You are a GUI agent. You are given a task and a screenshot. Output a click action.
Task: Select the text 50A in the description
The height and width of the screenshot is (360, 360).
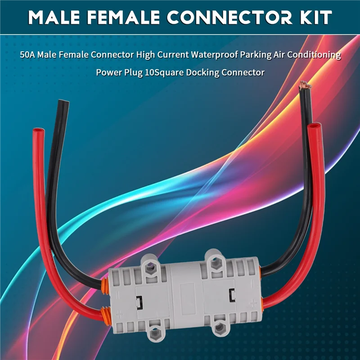27,55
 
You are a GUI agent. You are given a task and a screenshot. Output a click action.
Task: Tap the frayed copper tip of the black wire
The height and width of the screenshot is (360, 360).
305,85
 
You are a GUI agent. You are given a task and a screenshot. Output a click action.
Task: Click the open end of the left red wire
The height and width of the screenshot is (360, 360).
39,130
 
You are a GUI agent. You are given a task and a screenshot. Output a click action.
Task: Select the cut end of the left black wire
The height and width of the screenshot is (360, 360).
63,102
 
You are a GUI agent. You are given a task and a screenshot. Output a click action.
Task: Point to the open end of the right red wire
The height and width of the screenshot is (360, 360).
314,126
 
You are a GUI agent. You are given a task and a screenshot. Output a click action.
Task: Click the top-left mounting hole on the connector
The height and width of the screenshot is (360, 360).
150,267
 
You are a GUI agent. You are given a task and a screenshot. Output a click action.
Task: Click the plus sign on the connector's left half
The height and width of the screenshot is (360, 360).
119,314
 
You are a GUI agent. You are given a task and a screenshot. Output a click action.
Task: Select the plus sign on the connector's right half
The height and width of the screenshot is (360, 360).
253,303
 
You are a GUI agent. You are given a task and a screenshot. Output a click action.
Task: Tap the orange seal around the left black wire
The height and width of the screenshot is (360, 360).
104,286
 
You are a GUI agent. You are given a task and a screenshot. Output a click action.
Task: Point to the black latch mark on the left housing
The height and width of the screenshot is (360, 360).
139,302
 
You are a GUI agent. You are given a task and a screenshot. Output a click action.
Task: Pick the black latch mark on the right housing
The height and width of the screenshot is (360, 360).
232,295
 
